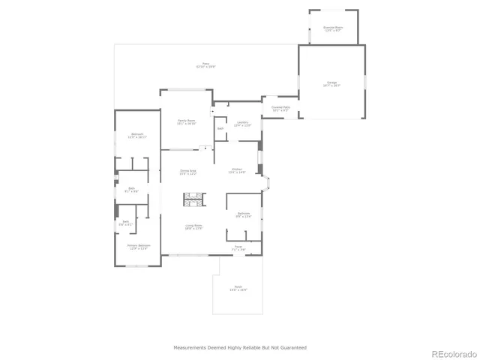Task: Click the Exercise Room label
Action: [x=332, y=28]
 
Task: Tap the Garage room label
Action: [x=332, y=84]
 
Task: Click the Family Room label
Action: [x=186, y=121]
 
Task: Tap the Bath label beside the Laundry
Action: [x=220, y=128]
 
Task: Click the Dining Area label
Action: [x=187, y=172]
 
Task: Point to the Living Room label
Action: [x=194, y=227]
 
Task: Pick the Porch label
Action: [x=238, y=289]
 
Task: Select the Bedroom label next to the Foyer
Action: [x=244, y=214]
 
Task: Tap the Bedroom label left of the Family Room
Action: [x=136, y=136]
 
